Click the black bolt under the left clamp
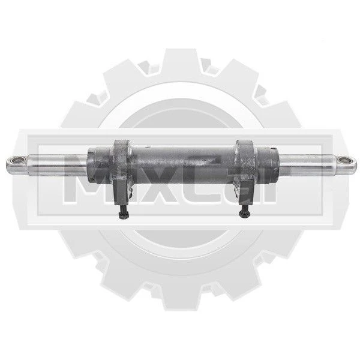(x=124, y=212)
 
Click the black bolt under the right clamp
(x=245, y=211)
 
